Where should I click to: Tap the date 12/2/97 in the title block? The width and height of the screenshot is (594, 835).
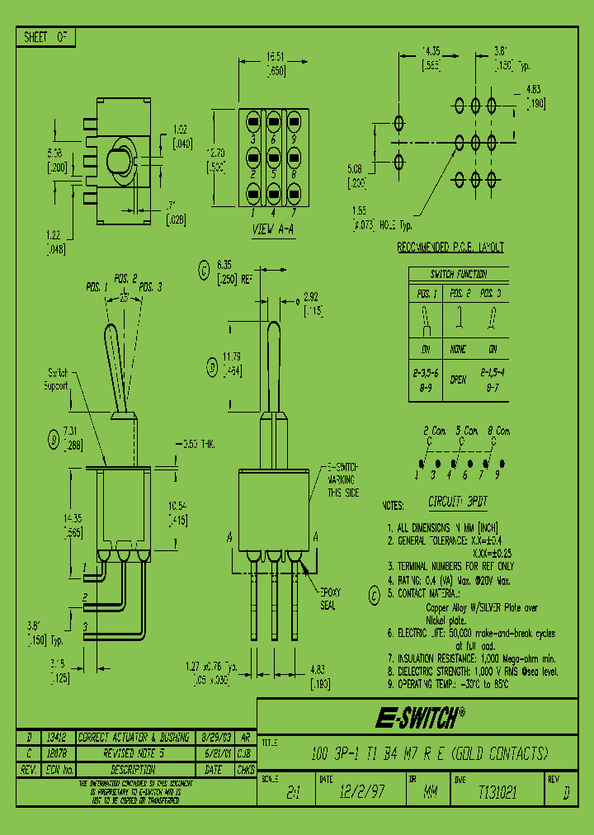(361, 791)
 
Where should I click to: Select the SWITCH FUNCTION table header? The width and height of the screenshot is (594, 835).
(459, 274)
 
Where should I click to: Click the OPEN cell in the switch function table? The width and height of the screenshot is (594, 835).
(458, 380)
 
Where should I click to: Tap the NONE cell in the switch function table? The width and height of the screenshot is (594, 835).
(458, 350)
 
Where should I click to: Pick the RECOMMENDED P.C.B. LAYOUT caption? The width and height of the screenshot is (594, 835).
(450, 248)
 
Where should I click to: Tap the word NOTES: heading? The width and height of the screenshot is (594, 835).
(394, 505)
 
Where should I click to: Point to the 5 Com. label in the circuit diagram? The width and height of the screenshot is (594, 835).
(466, 431)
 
